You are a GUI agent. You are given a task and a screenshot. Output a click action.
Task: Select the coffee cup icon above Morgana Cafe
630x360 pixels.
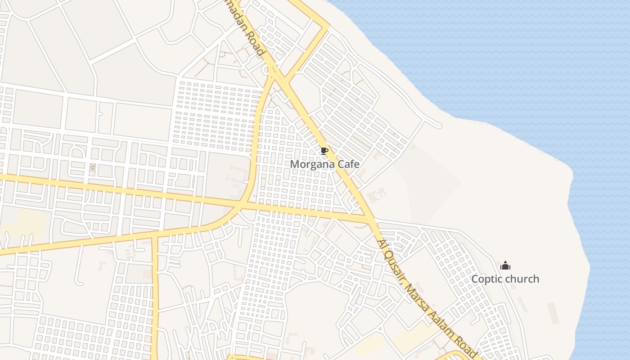point(324,151)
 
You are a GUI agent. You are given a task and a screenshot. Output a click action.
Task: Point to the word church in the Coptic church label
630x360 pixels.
point(522,279)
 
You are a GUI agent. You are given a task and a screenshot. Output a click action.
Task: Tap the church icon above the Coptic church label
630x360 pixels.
point(505,265)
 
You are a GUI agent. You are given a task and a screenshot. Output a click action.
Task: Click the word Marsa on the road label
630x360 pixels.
point(416,297)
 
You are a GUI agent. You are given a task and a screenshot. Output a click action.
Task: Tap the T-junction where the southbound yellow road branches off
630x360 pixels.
point(154,234)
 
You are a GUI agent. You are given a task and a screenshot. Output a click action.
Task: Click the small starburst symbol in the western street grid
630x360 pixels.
point(93,168)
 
